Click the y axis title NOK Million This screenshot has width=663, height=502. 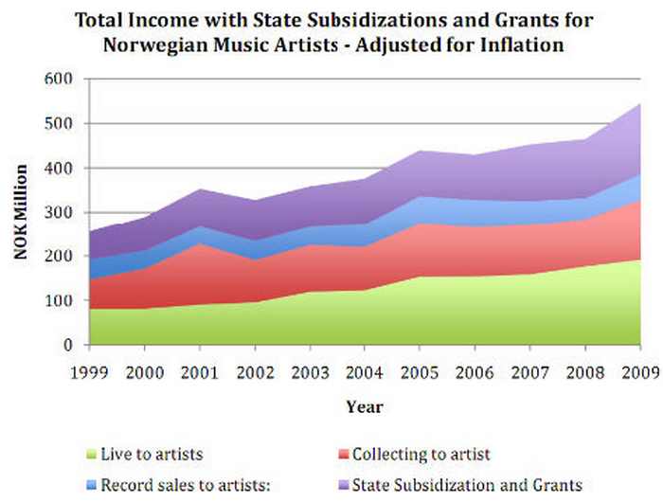[20, 212]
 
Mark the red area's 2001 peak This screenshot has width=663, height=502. [199, 244]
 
